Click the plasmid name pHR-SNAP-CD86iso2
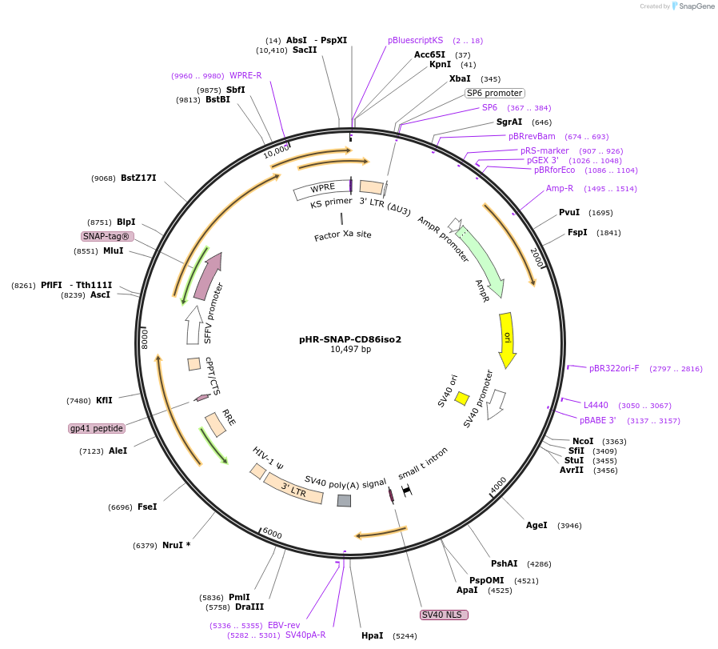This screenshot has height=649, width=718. (x=350, y=339)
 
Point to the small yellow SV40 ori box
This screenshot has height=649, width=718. (x=461, y=398)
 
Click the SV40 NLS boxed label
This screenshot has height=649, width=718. (x=444, y=615)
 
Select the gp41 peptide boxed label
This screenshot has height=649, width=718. (x=97, y=428)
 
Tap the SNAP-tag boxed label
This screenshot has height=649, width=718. (x=107, y=236)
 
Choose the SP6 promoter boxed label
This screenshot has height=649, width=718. (x=495, y=93)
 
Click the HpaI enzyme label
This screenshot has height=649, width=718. (x=373, y=636)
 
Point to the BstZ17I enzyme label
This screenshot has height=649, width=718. (x=138, y=178)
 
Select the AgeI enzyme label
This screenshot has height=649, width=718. (x=537, y=525)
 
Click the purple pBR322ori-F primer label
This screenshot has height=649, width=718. (x=614, y=368)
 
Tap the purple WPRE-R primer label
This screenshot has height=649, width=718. (x=245, y=75)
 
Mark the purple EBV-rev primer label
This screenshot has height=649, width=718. (x=284, y=625)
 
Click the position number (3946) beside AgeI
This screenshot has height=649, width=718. (x=569, y=526)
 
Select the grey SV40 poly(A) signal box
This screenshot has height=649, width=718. (x=344, y=500)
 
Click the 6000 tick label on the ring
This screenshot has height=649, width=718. (x=273, y=534)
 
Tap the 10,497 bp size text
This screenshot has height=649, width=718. (x=350, y=350)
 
